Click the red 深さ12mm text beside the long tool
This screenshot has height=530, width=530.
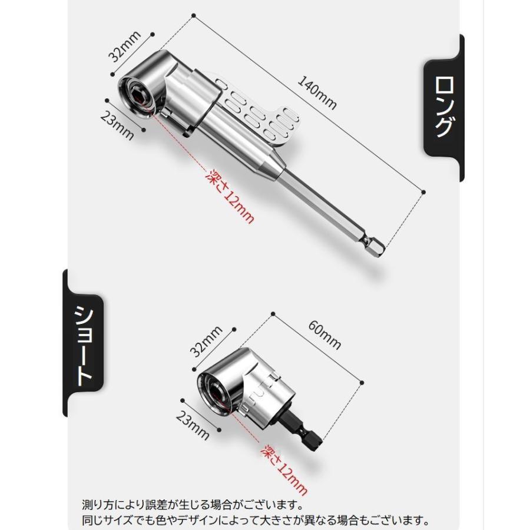[x=230, y=196]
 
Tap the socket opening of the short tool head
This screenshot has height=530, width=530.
[x=216, y=392]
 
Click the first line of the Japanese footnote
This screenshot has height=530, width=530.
[x=192, y=505]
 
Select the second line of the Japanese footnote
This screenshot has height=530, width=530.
[x=254, y=521]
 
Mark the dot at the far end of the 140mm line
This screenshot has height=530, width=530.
[x=424, y=191]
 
